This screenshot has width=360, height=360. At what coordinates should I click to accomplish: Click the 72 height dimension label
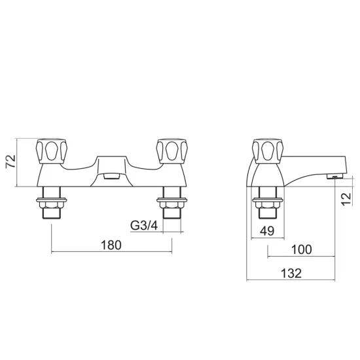click(x=10, y=162)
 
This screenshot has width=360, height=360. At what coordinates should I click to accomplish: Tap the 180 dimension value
click(x=111, y=245)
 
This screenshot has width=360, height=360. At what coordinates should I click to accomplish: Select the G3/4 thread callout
click(x=144, y=225)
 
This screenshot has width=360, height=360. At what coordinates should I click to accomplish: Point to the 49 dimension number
click(x=267, y=231)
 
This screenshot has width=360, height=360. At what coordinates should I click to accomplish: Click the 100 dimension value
click(x=302, y=249)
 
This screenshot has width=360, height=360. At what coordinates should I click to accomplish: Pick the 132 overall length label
click(x=291, y=273)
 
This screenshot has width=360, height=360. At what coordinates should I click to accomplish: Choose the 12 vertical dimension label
click(x=347, y=199)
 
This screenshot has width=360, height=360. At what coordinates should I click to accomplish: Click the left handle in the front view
click(x=52, y=151)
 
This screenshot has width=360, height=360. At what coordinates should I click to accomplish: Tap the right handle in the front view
click(x=171, y=151)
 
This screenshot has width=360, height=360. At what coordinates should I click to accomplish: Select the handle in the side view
click(x=268, y=151)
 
